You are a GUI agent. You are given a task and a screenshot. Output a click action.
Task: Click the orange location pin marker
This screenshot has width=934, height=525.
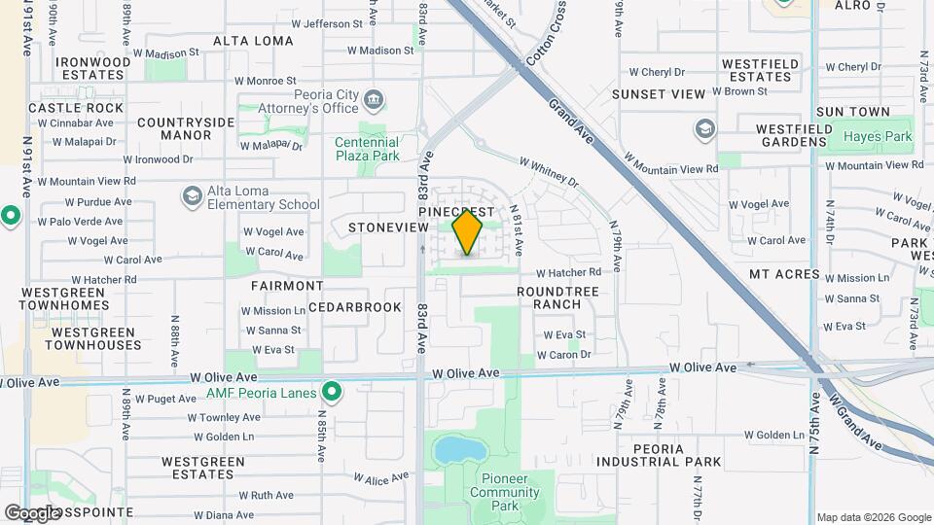tap(468, 232)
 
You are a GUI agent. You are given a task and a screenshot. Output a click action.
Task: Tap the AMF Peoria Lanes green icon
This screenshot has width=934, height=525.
tap(332, 393)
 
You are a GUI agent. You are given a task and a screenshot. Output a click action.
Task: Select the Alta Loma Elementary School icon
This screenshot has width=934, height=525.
tap(192, 197)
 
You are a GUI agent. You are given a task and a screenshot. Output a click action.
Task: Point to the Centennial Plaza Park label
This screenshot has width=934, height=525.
tap(367, 149)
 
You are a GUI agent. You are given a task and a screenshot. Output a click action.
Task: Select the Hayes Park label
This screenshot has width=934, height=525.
tap(878, 137)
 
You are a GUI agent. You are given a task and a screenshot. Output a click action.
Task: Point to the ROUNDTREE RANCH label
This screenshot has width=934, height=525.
tap(557, 297)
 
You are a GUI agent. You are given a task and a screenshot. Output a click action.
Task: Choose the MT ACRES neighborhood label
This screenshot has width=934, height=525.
tap(784, 275)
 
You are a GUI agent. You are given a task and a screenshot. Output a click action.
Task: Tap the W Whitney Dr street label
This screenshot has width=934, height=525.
tap(549, 171)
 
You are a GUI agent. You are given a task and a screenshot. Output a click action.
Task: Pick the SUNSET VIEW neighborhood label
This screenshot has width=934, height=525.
tap(658, 94)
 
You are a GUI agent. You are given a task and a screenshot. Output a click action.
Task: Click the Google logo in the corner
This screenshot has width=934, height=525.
tap(32, 512)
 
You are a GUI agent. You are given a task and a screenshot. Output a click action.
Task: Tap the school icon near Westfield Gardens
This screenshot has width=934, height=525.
tap(704, 128)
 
